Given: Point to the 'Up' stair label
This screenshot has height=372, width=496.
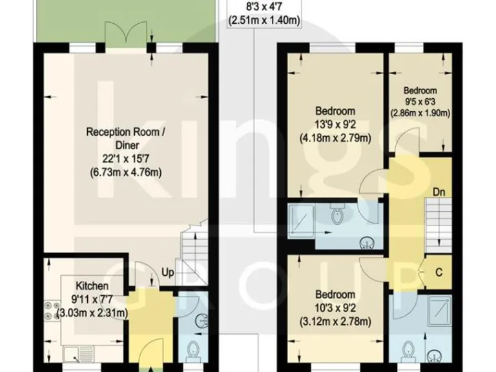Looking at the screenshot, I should pyautogui.click(x=167, y=273).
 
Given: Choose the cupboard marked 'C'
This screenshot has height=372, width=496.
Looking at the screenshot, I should pyautogui.click(x=439, y=272).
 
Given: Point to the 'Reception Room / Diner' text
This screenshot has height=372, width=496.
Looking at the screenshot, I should pyautogui.click(x=123, y=139).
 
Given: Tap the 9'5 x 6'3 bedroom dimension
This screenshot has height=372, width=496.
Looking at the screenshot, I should pyautogui.click(x=420, y=101).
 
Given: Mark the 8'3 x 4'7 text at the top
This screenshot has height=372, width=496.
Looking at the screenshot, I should pyautogui.click(x=263, y=8).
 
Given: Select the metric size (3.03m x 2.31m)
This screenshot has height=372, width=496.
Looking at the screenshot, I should pyautogui.click(x=92, y=313).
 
